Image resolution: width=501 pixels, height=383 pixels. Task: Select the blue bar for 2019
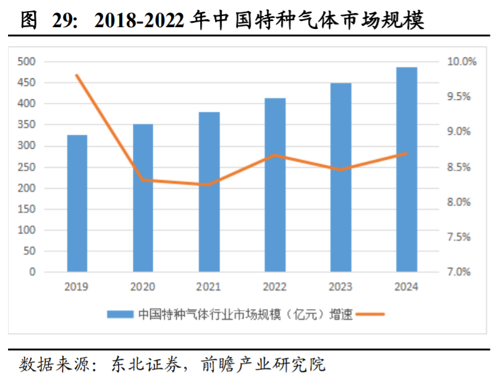(77, 203)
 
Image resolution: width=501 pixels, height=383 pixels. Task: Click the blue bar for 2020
(143, 197)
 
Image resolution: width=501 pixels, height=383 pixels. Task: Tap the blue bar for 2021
(209, 191)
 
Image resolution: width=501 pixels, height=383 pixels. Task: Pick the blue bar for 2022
(275, 184)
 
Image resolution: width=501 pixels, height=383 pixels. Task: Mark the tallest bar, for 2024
(406, 169)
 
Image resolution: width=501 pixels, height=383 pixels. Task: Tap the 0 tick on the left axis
(32, 272)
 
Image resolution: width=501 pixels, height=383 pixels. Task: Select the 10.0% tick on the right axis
(461, 62)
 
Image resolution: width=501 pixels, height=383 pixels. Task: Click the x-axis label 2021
(209, 287)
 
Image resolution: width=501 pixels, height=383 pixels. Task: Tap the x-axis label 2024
(406, 287)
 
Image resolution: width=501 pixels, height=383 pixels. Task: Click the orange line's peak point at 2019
(77, 75)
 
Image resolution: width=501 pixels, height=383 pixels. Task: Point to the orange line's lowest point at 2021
(209, 184)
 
